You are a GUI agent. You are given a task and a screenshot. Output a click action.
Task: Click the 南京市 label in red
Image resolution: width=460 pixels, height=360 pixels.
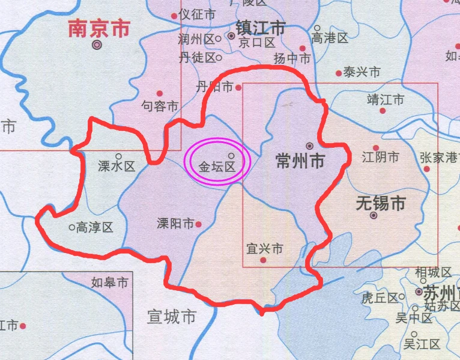(x=98, y=28)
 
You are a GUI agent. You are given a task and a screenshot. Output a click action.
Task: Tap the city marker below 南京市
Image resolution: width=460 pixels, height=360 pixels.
(x=97, y=45)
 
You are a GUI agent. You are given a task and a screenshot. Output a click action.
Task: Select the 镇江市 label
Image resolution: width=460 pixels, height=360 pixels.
(x=260, y=28)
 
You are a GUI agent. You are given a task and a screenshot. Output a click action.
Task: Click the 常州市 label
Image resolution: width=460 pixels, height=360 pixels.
(x=300, y=161)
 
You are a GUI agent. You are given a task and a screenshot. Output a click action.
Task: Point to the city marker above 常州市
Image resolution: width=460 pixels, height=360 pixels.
(x=310, y=145)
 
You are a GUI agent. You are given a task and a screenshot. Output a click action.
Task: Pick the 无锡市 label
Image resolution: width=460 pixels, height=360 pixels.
(x=380, y=203)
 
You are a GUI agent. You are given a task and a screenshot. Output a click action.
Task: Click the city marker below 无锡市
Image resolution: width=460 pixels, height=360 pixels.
(x=374, y=215)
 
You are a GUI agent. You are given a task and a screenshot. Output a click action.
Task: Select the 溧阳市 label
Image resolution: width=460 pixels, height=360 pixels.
(x=175, y=224)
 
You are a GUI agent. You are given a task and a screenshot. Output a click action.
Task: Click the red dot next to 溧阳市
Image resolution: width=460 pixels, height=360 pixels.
(x=198, y=224)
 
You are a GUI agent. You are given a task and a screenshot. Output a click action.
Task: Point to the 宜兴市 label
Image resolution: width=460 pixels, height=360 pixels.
(x=265, y=248)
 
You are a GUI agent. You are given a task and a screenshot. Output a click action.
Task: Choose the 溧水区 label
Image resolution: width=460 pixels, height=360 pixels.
(x=117, y=166)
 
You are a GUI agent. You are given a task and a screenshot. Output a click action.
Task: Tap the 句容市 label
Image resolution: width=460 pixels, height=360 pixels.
(x=160, y=106)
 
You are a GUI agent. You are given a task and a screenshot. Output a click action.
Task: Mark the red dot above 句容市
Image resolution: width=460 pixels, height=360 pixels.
(x=160, y=93)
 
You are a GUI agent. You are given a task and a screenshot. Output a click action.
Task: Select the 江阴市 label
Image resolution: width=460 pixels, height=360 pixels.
(x=380, y=158)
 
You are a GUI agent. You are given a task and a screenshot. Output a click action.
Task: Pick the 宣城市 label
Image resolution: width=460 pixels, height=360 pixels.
(x=172, y=316)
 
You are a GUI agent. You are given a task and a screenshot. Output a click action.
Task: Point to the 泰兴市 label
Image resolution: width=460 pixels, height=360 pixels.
(x=362, y=72)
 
